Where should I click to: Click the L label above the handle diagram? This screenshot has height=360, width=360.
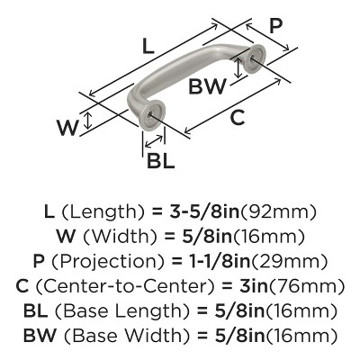click(148, 47)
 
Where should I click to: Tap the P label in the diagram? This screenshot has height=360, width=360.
click(275, 26)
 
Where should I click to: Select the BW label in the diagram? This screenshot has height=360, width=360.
click(207, 86)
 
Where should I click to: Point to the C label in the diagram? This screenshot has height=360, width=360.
click(238, 117)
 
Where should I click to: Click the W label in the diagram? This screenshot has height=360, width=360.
click(67, 128)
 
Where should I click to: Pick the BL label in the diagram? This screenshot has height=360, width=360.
click(160, 160)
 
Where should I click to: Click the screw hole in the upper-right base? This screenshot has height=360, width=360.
click(252, 58)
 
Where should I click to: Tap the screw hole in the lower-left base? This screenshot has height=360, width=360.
click(150, 114)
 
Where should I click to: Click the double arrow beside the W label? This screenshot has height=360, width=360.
click(87, 121)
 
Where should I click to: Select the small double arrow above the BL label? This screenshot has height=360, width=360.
click(155, 141)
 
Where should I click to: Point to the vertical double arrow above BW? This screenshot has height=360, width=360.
click(238, 67)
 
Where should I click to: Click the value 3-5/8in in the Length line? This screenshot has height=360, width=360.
click(205, 211)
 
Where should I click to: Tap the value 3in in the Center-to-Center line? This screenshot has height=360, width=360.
click(254, 286)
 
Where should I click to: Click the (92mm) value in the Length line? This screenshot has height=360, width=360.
click(279, 212)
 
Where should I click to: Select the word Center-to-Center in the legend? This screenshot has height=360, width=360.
click(125, 286)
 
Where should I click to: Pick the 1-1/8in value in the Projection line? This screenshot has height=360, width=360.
click(219, 262)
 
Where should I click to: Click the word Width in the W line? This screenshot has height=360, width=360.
click(120, 237)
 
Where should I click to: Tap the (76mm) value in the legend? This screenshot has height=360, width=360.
click(305, 287)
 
